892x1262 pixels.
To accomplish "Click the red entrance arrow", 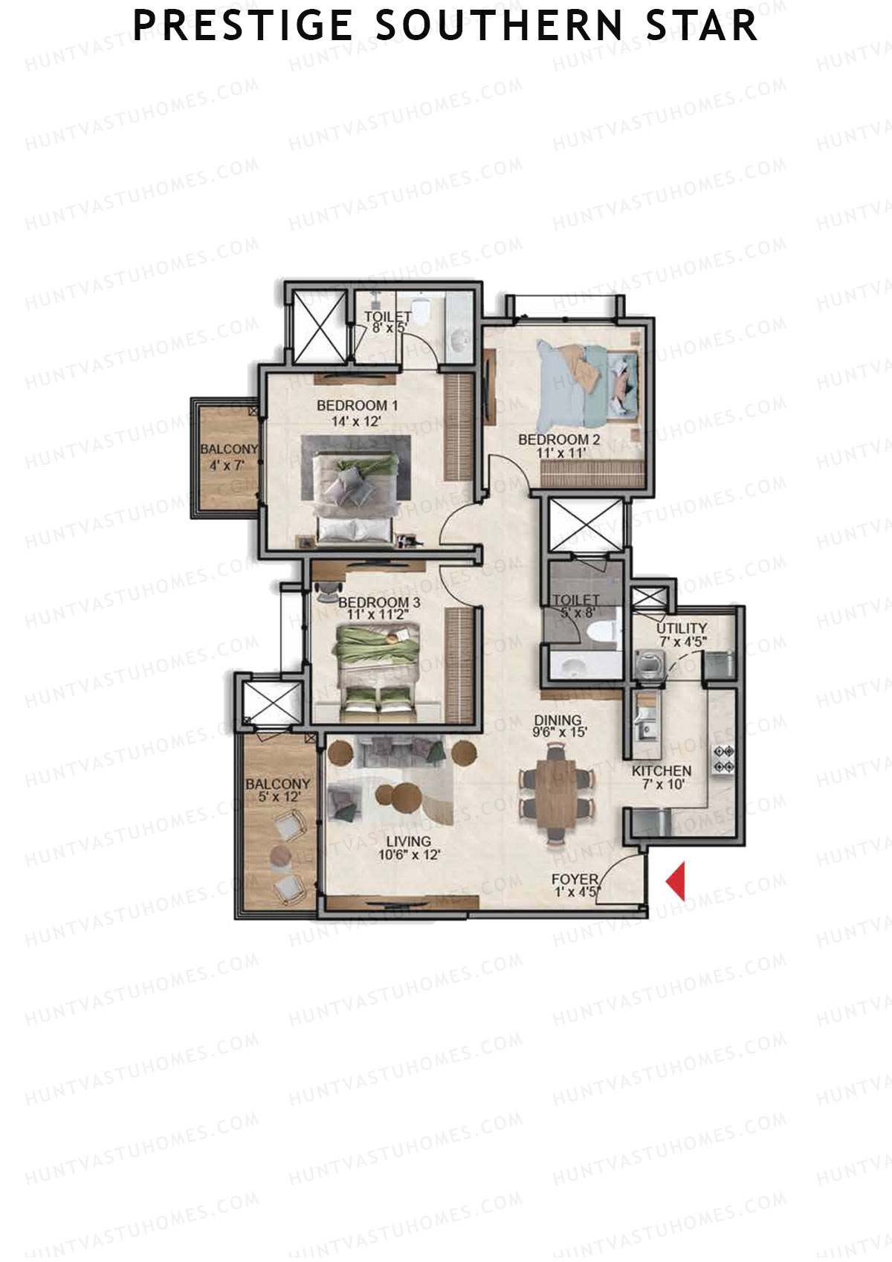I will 676,880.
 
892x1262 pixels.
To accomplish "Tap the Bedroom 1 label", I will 357,405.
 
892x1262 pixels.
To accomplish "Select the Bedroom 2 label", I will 558,439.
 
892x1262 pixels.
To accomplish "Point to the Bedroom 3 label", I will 379,602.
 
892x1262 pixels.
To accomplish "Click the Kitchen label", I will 661,771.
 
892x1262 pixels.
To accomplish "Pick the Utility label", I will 681,628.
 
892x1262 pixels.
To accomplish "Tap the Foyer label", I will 575,880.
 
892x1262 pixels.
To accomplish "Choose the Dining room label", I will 557,720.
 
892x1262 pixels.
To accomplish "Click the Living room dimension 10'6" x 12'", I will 409,855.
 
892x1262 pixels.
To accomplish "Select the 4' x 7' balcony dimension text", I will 227,466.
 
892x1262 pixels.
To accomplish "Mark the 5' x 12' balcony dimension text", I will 277,797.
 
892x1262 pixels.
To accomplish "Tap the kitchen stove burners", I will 723,759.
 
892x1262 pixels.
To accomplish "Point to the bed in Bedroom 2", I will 587,383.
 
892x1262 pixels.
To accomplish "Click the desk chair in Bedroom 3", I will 325,590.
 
